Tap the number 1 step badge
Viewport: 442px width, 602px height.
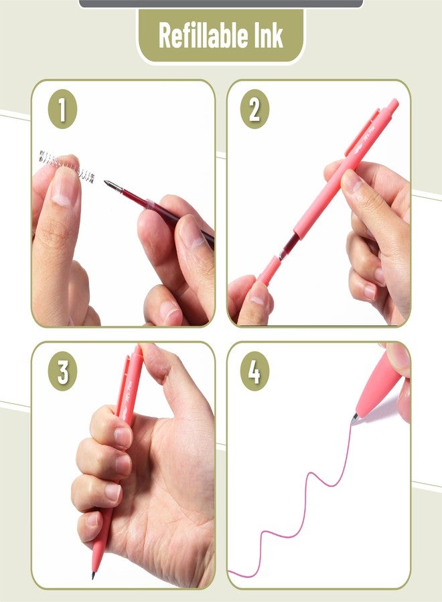62,110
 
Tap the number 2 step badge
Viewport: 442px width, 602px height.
254,110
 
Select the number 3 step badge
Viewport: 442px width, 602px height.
62,372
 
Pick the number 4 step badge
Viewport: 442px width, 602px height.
254,372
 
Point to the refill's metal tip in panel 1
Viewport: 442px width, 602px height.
110,183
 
